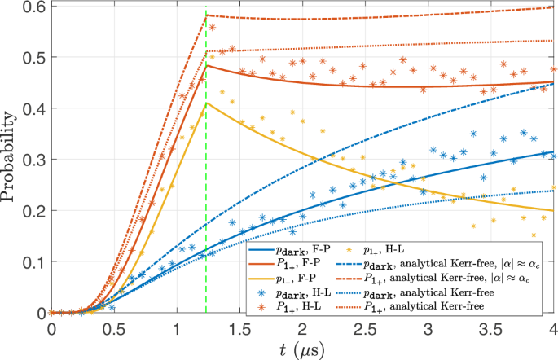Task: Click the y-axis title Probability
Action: coord(11,156)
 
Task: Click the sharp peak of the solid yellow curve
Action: coord(206,103)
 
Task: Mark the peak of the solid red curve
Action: coord(206,65)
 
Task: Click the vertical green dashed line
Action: coord(206,204)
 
